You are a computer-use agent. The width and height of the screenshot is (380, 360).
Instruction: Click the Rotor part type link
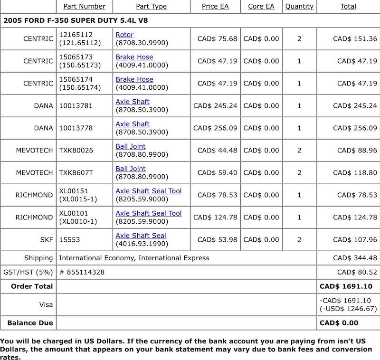[124, 35]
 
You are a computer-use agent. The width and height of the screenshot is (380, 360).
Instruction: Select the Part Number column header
[84, 6]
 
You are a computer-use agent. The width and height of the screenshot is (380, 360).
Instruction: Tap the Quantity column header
[299, 6]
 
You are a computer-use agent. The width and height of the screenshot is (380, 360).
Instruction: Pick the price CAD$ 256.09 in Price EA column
[215, 128]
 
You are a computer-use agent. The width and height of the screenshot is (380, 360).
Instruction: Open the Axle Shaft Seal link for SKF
[141, 236]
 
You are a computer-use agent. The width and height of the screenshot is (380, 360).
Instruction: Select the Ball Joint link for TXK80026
[131, 146]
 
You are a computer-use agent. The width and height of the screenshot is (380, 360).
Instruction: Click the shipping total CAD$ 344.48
[355, 258]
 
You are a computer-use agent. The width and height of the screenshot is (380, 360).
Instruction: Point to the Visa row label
[46, 304]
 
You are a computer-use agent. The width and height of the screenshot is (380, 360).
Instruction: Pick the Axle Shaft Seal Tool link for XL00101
[149, 213]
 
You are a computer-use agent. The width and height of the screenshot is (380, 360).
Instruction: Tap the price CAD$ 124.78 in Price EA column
[215, 217]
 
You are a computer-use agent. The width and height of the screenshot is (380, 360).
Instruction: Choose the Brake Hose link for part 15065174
[134, 79]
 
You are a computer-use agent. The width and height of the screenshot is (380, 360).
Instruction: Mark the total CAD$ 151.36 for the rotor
[355, 39]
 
